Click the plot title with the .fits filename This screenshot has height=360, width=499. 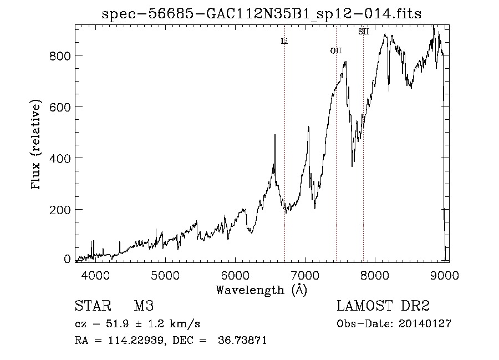[262, 14]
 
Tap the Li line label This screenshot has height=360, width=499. [284, 42]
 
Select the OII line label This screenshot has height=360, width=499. [336, 50]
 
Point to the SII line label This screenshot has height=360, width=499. [363, 32]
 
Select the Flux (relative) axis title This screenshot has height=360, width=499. [37, 146]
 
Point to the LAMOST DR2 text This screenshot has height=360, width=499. [383, 307]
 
